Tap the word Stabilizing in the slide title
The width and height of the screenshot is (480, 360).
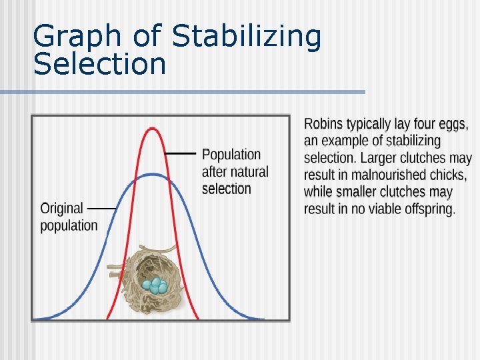pos(247,37)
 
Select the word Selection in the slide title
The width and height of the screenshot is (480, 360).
pos(99,65)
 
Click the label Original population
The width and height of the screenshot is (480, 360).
pos(69,217)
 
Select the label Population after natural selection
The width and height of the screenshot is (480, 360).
pos(235,171)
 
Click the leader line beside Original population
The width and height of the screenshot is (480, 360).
pos(101,209)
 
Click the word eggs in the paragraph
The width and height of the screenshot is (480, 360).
pos(453,124)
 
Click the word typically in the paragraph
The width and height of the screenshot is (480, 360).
pos(373,124)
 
